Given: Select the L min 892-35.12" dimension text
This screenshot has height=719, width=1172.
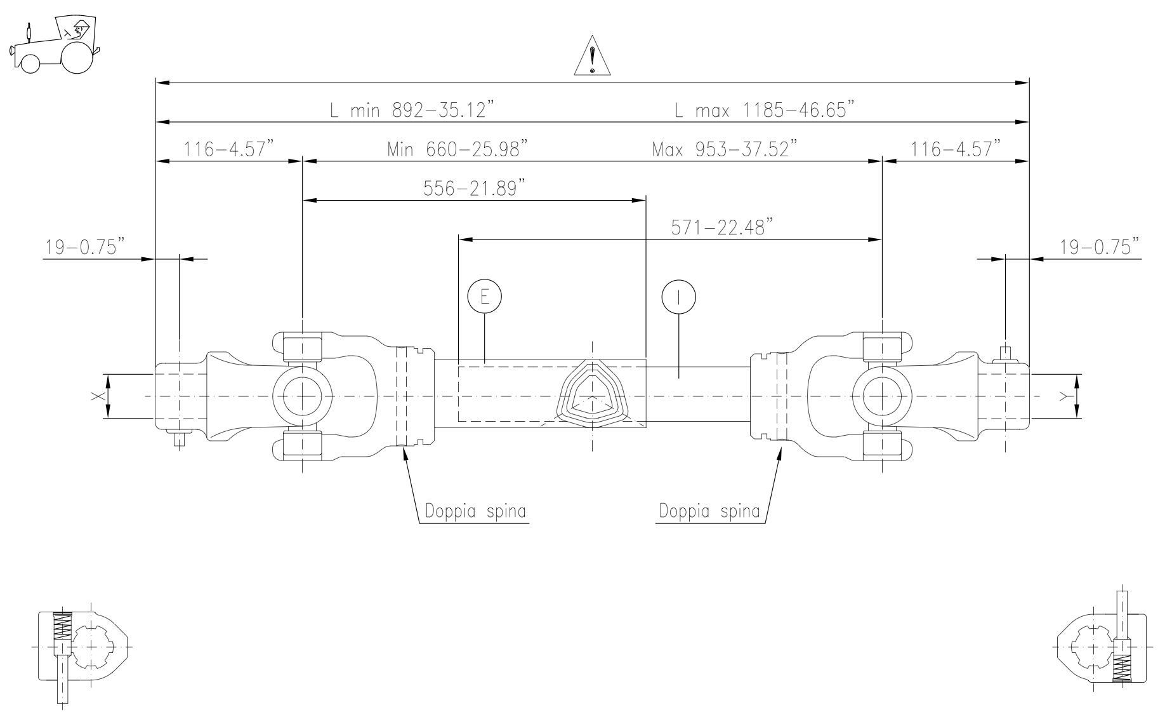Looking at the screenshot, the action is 411,110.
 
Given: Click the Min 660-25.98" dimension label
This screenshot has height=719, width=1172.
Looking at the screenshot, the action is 458,150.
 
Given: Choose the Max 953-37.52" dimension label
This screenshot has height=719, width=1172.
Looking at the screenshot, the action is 724,150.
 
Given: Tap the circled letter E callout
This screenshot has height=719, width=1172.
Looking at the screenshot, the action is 484,296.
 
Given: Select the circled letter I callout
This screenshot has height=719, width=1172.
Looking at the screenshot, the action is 678,296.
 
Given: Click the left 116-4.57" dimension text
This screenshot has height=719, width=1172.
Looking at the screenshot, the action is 229,150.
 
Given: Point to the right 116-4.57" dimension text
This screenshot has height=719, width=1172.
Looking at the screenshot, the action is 956,150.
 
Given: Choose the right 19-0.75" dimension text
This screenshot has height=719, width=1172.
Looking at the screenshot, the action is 1099,246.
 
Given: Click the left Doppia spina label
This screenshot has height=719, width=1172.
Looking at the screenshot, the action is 476,511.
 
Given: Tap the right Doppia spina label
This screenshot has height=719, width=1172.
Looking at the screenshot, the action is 709,511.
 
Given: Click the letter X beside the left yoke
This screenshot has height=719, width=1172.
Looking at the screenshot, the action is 96,396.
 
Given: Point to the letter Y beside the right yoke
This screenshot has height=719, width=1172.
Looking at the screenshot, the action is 1064,396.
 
